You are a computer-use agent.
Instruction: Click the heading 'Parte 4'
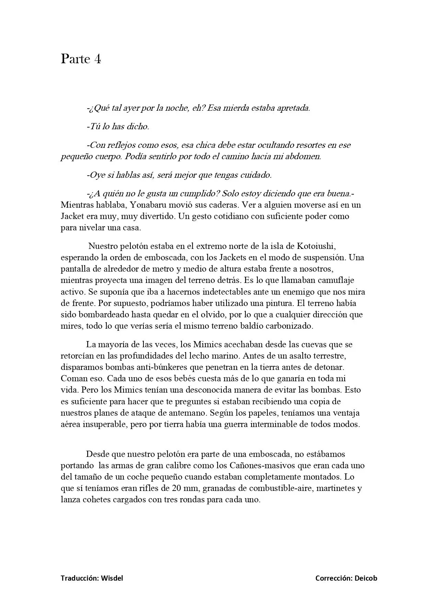81,59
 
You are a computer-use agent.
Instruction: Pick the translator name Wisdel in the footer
112,578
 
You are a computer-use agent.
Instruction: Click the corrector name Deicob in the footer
366,578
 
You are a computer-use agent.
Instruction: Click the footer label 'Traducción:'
80,578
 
